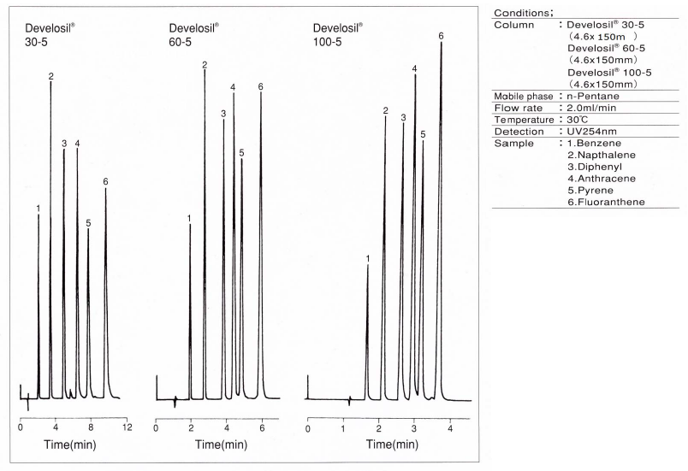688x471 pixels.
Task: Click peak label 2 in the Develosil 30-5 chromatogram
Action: point(51,77)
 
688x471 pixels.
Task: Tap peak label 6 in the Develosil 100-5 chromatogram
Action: point(441,36)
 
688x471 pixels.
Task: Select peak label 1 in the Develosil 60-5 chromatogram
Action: point(189,219)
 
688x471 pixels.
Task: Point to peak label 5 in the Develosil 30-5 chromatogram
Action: point(88,223)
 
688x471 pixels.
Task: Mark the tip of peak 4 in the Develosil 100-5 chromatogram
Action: point(415,75)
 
